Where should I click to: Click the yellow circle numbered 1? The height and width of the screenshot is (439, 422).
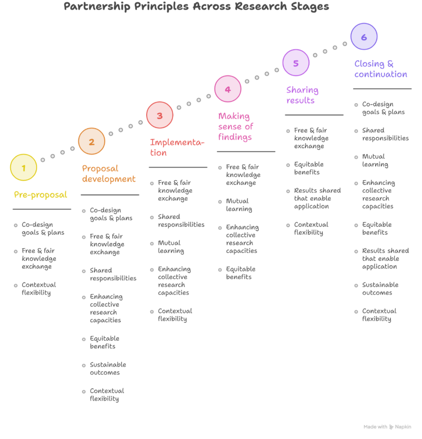coord(23,168)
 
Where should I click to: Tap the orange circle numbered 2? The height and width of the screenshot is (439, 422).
coord(92,141)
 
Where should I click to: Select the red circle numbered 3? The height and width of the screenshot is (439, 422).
coord(160,115)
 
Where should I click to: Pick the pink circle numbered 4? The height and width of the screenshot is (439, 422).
coord(228,89)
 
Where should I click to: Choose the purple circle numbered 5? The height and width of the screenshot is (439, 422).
coord(296,63)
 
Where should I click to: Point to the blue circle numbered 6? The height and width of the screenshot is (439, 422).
coord(364,37)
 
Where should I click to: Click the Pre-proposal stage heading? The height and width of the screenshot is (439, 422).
coord(40,194)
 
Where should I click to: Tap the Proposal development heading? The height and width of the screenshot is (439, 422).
coord(109,173)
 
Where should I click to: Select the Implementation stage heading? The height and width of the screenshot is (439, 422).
coord(177,147)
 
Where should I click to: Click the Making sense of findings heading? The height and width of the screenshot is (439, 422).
coord(235,127)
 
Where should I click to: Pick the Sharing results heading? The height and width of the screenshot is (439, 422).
coord(302,95)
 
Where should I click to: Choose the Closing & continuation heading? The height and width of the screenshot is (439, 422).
coord(381,69)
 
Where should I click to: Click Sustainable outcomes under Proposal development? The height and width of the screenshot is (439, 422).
coord(108,368)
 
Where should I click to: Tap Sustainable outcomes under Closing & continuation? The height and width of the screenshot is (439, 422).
coord(380,288)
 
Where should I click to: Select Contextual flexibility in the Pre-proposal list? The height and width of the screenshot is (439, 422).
coord(38,288)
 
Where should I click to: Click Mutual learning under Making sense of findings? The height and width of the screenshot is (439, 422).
coord(239,205)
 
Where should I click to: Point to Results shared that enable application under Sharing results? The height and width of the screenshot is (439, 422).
coord(317,198)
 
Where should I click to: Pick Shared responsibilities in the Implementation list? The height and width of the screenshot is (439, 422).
coord(181,221)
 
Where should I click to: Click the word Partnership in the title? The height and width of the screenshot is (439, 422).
coord(97,6)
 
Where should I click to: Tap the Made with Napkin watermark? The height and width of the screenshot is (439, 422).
coord(387,427)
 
